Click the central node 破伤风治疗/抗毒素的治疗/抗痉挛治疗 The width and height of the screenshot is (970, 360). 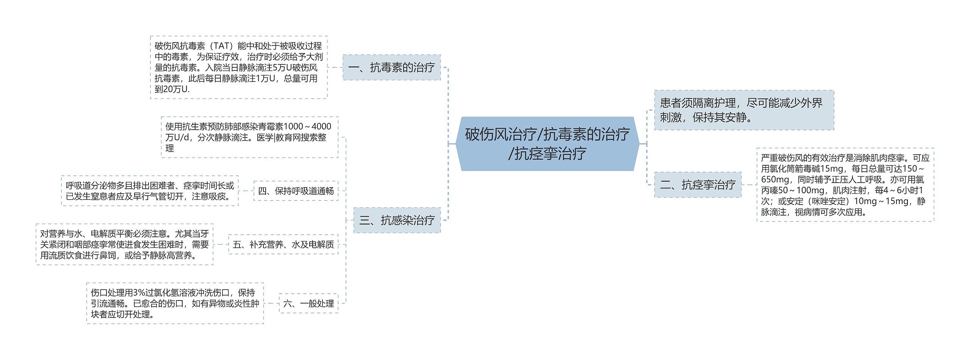click(547, 144)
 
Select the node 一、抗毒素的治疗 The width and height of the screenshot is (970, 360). click(391, 67)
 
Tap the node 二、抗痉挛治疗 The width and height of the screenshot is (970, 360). click(698, 185)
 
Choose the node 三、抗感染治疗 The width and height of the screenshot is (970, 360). click(397, 220)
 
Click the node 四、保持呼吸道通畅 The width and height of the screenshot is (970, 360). click(296, 191)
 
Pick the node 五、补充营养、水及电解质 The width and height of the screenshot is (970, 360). click(283, 244)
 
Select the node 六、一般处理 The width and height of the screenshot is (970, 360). click(308, 303)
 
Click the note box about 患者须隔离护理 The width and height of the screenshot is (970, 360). click(744, 110)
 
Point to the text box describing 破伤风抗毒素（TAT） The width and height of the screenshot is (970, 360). click(239, 67)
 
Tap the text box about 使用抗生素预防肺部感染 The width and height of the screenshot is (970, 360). click(249, 137)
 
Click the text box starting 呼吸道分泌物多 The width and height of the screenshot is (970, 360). click(150, 191)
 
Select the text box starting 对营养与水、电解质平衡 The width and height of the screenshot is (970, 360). click(124, 244)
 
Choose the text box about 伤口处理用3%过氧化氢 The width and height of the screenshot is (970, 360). click(175, 303)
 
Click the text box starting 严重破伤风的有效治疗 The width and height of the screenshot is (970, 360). click(845, 185)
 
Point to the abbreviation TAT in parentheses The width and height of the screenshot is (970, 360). click(221, 46)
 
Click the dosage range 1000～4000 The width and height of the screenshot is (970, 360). click(307, 127)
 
